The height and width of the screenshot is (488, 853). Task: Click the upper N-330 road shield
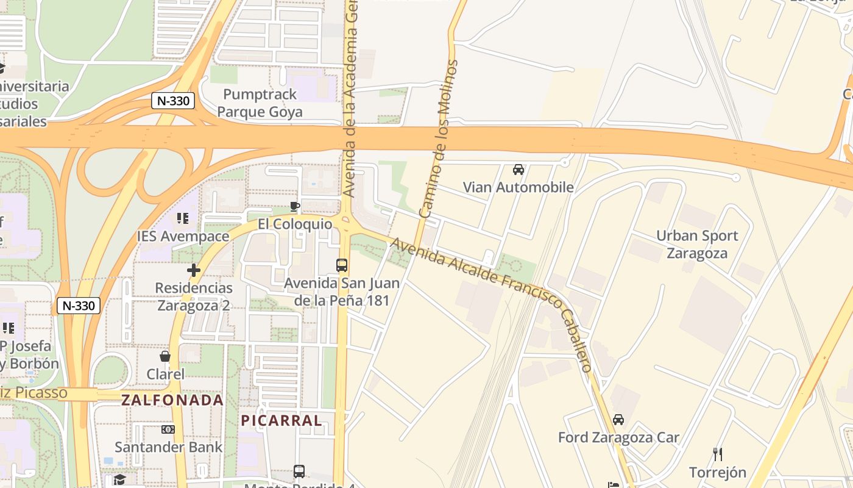[173, 101]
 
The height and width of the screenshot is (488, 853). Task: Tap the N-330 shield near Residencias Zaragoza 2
[79, 306]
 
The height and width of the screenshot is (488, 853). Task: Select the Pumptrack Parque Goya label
[260, 102]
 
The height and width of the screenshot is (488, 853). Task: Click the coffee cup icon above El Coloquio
[295, 207]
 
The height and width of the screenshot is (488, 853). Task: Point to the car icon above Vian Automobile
[519, 170]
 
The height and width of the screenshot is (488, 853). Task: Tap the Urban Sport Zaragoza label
[697, 244]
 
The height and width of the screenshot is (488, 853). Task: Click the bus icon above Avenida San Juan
[342, 265]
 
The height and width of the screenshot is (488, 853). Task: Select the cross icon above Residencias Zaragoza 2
[194, 270]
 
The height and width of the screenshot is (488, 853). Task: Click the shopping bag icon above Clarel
[165, 356]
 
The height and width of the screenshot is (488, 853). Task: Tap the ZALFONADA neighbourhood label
[172, 400]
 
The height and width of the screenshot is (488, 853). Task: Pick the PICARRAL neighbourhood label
[281, 420]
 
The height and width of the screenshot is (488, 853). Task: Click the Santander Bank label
[169, 447]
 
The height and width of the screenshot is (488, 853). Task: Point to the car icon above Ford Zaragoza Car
[618, 420]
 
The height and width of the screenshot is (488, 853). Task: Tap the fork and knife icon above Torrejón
[718, 454]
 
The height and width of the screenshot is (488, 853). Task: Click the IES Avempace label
[183, 236]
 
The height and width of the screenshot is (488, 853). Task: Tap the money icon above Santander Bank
[168, 429]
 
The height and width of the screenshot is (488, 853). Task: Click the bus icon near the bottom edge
[299, 471]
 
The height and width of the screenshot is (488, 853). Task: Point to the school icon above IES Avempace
[182, 218]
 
